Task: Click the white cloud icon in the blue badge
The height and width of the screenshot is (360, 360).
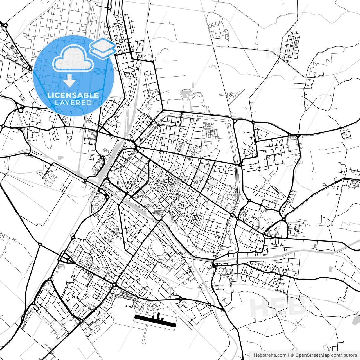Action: pyautogui.click(x=73, y=58)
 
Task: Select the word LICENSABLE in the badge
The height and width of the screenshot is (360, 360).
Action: pyautogui.click(x=73, y=95)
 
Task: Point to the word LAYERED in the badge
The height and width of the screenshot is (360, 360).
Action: pyautogui.click(x=73, y=103)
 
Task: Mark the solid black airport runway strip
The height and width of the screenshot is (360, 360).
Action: pyautogui.click(x=155, y=321)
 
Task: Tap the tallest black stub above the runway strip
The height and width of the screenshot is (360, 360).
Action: pyautogui.click(x=158, y=316)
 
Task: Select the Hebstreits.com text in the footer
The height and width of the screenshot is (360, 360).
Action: pyautogui.click(x=270, y=355)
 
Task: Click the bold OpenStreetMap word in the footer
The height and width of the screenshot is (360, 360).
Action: pyautogui.click(x=312, y=355)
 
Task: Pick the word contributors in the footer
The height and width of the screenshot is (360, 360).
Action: pyautogui.click(x=344, y=355)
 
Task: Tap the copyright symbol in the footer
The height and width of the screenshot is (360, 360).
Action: pyautogui.click(x=292, y=355)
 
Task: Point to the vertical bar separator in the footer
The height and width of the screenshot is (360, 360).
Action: pyautogui.click(x=289, y=355)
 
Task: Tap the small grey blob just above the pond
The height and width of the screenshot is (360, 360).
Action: pyautogui.click(x=193, y=85)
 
